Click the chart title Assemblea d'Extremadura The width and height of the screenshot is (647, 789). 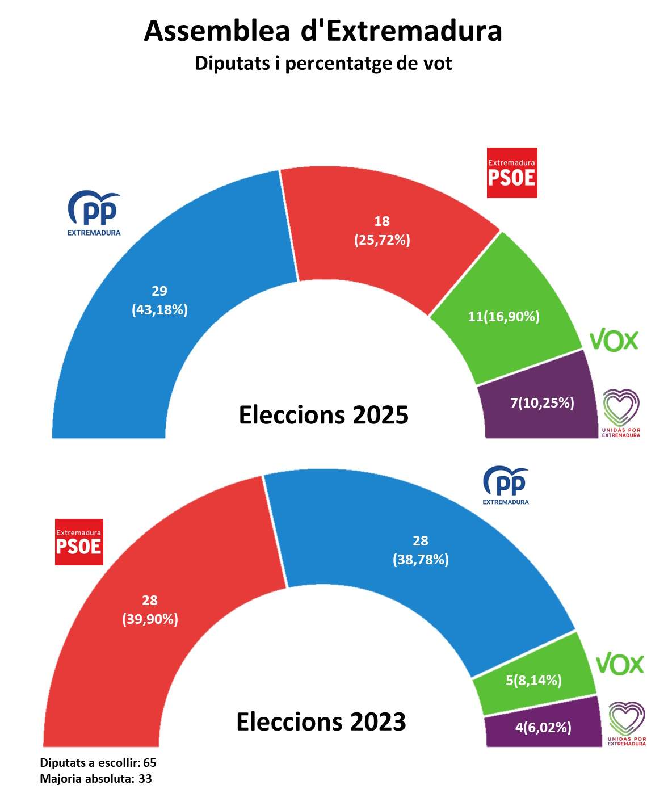(323, 31)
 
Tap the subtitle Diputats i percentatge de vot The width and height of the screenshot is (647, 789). (323, 63)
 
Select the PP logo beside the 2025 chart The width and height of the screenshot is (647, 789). (94, 213)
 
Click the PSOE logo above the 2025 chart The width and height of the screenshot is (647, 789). (512, 173)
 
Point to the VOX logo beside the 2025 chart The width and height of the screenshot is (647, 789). (614, 340)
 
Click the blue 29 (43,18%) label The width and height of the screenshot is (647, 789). (159, 300)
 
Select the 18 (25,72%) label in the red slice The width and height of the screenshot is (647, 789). (382, 230)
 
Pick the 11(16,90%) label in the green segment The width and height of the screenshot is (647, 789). (503, 316)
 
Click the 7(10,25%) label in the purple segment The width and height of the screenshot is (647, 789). (542, 402)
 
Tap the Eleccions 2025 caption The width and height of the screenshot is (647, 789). (323, 415)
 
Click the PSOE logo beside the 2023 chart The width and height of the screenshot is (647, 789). (79, 542)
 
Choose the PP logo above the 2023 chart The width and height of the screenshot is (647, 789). (506, 485)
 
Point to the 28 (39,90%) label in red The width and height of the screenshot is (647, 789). (150, 610)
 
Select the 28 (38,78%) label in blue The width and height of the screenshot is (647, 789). (421, 550)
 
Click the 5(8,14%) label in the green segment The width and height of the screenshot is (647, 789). (533, 679)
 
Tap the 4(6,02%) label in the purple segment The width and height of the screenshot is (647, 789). (543, 727)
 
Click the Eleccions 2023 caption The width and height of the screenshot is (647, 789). (321, 722)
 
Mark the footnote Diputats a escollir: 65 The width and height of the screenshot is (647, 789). (98, 762)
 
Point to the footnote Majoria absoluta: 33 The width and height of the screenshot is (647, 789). (96, 778)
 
